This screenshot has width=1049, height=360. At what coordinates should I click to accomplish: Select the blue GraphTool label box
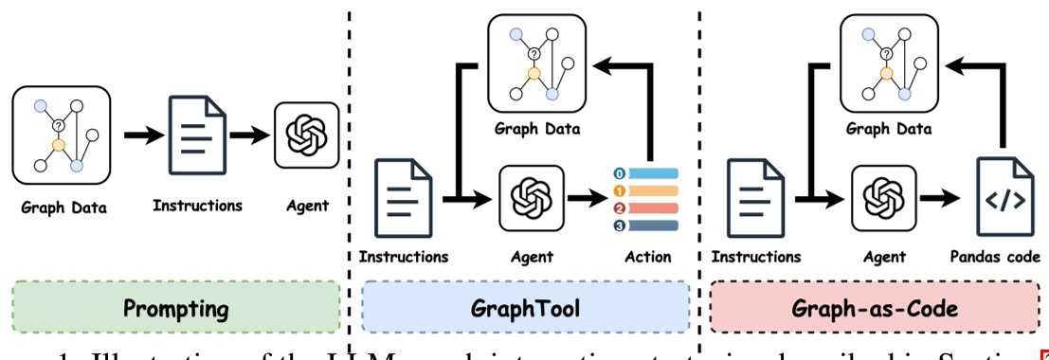click(525, 309)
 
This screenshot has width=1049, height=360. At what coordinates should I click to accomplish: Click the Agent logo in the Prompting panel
click(305, 135)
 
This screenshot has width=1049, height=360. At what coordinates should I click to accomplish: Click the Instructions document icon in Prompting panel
click(198, 135)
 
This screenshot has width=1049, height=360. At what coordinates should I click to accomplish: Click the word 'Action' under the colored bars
click(647, 256)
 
